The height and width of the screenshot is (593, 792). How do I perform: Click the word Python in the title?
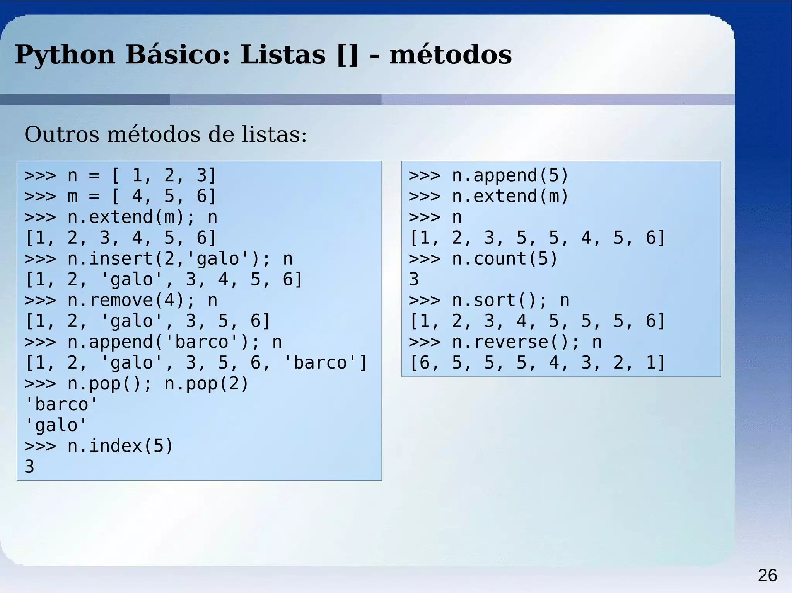click(65, 55)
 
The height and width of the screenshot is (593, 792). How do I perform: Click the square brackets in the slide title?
click(348, 55)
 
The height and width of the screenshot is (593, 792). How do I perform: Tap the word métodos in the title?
click(450, 55)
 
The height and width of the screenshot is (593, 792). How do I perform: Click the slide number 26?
click(767, 576)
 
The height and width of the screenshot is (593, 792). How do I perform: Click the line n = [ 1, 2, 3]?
click(120, 175)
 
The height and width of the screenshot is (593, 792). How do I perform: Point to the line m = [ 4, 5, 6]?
click(120, 196)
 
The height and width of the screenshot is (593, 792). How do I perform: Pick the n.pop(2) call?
click(207, 384)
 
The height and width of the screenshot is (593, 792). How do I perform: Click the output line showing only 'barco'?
click(61, 404)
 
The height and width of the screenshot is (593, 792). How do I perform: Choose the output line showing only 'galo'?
click(56, 425)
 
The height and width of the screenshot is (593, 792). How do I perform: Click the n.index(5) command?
click(120, 446)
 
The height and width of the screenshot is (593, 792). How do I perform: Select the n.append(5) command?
click(510, 175)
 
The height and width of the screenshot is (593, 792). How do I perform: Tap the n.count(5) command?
click(504, 259)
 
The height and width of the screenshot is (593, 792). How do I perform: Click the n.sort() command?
click(499, 301)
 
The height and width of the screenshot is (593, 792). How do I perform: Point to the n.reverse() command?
click(515, 342)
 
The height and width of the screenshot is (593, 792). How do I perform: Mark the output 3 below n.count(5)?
click(414, 279)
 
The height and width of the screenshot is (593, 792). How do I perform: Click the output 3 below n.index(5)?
click(29, 467)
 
